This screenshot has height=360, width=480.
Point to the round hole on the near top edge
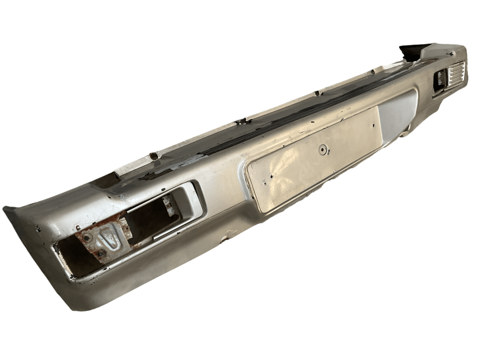click(152, 155)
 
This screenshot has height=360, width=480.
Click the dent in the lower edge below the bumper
click(227, 237)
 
